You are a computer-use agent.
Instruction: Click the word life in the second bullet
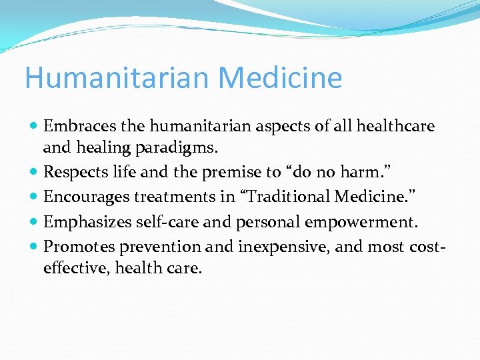click(125, 172)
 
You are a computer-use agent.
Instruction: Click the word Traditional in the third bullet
click(297, 197)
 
